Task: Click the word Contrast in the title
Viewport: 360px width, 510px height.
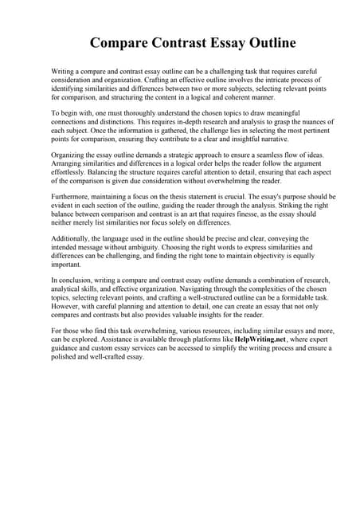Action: pos(181,42)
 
